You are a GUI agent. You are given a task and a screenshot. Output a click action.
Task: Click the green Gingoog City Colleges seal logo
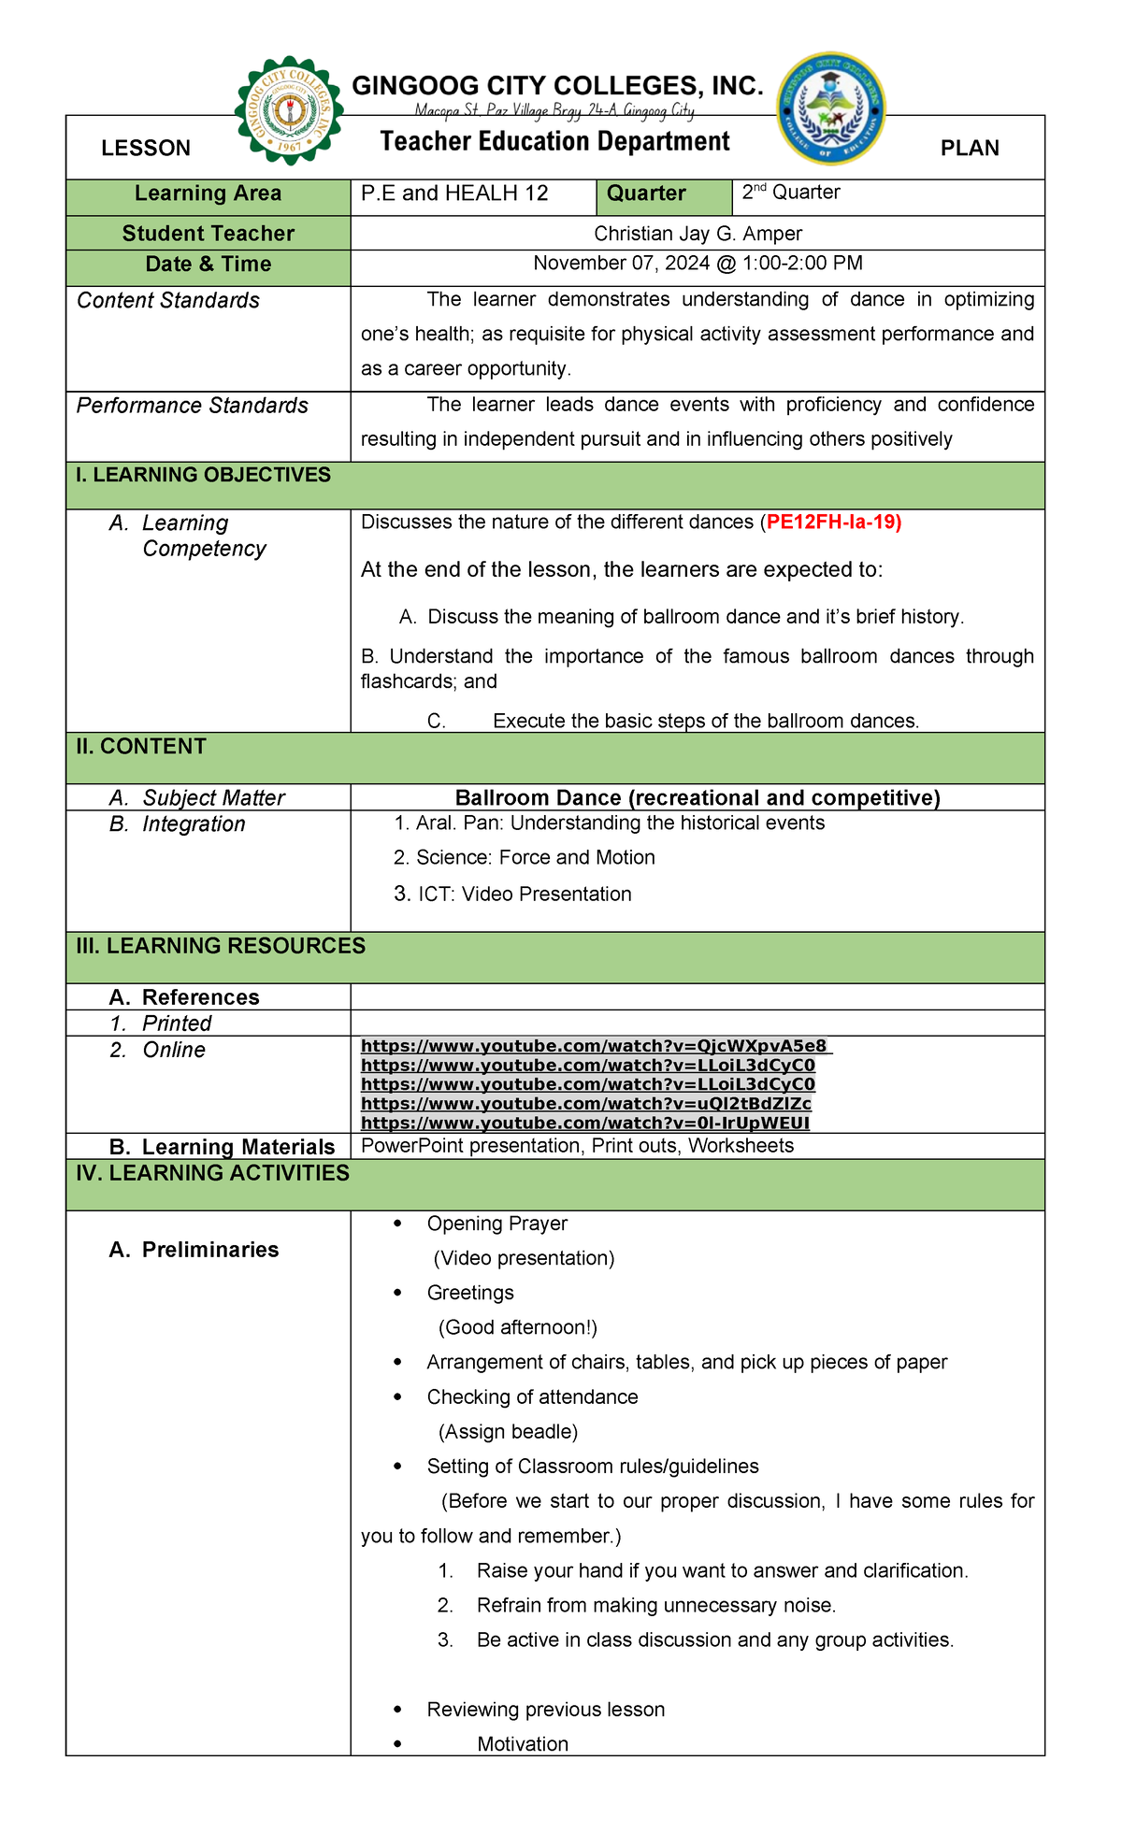point(289,110)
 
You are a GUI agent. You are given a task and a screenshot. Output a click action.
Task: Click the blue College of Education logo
point(831,107)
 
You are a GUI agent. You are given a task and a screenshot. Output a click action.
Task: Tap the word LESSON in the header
point(146,149)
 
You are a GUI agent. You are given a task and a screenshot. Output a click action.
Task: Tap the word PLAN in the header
point(970,149)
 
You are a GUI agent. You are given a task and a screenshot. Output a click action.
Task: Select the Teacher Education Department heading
point(554,141)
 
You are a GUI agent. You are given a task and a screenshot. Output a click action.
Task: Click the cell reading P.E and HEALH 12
point(454,193)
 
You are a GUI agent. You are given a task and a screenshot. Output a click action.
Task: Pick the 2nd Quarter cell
point(791,193)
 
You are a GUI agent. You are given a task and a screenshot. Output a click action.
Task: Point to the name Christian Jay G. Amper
point(698,234)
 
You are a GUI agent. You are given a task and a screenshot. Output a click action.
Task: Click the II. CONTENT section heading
point(141,747)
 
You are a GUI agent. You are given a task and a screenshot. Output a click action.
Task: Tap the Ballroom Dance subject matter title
point(698,797)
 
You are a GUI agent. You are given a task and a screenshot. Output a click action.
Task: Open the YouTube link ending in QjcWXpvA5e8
point(595,1046)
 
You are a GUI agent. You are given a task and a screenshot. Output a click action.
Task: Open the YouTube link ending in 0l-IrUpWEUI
point(585,1123)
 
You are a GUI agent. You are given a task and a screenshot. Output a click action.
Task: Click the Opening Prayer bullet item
point(496,1224)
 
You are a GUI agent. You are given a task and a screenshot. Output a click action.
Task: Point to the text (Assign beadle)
point(508,1432)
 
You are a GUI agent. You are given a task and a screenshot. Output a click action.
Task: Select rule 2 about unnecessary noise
point(655,1606)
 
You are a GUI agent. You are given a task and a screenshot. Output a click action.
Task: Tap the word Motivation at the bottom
point(523,1744)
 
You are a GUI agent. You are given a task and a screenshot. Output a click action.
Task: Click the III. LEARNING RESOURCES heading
point(221,946)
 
